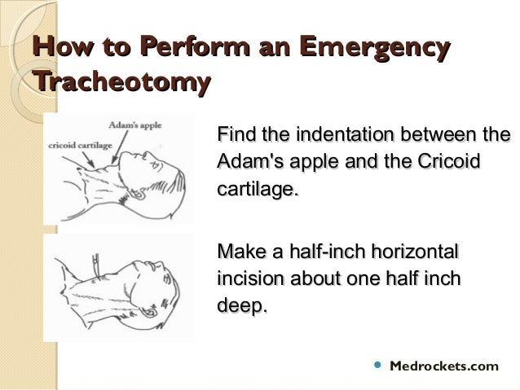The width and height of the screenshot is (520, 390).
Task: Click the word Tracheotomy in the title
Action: point(121,82)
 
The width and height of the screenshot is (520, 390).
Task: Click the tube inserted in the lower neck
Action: point(97,265)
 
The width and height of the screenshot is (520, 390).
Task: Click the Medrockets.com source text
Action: point(444,366)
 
